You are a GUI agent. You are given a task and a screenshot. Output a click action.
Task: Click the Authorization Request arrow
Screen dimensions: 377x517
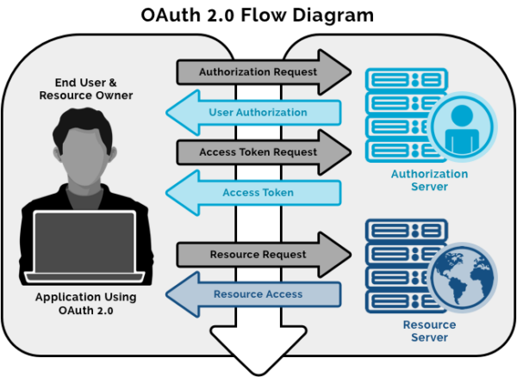pos(258,72)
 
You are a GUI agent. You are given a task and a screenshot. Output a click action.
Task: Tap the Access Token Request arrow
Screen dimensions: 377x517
pos(258,152)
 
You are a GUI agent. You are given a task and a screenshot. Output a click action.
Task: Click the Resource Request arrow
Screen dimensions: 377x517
pos(258,255)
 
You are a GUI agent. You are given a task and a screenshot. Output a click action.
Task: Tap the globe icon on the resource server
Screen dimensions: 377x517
pos(464,276)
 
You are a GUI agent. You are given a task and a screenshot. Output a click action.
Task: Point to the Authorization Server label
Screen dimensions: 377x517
pos(429,180)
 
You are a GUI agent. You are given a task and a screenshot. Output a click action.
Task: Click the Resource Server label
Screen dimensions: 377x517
pos(429,331)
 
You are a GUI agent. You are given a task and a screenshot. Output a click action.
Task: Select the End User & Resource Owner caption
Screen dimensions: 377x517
pos(84,90)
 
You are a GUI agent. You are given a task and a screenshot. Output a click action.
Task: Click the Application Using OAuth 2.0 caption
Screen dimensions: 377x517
pos(84,302)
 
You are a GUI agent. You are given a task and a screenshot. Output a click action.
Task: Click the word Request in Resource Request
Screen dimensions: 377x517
pos(283,255)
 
